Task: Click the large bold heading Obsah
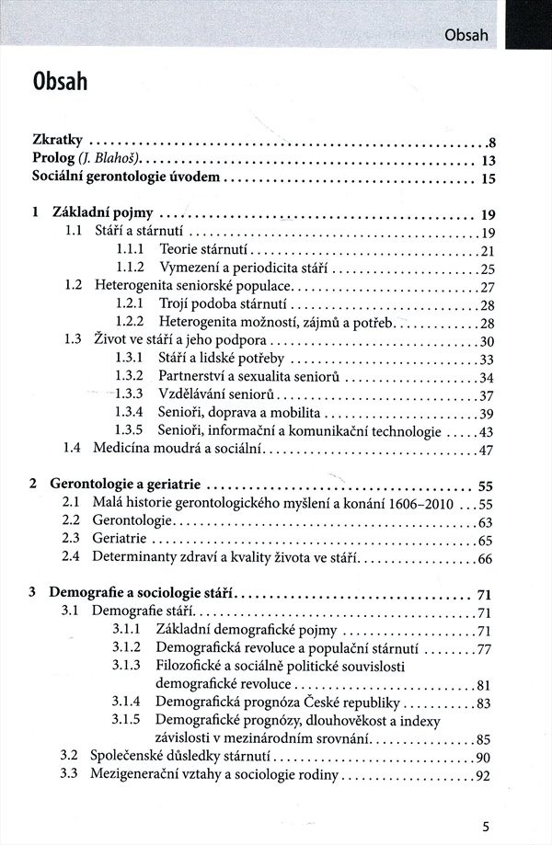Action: tap(60, 82)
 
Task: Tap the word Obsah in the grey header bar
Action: tap(465, 36)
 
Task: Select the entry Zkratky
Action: tap(57, 141)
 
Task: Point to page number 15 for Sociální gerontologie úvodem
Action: tap(489, 178)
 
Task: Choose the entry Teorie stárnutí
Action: tap(203, 250)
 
